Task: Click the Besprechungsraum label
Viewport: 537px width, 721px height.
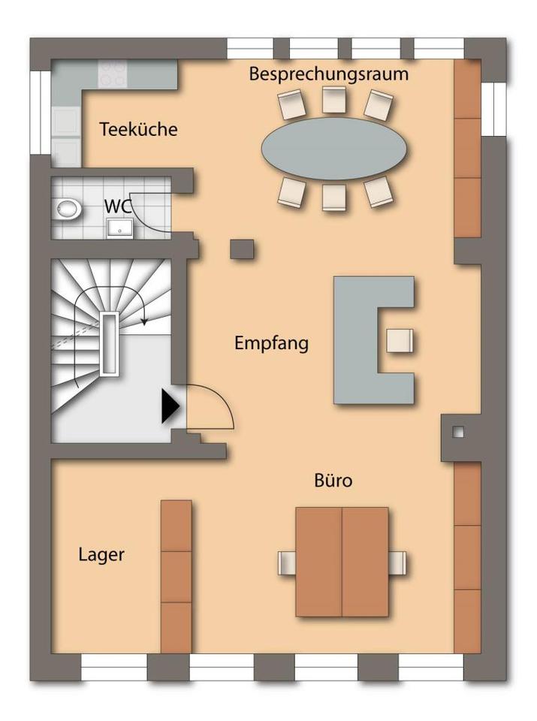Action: pyautogui.click(x=329, y=74)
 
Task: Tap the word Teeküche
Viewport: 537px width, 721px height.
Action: pyautogui.click(x=138, y=129)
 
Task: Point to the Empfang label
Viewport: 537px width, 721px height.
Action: pyautogui.click(x=271, y=343)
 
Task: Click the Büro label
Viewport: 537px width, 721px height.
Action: pyautogui.click(x=333, y=481)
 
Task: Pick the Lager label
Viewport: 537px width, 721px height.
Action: pyautogui.click(x=101, y=555)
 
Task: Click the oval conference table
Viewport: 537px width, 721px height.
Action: pyautogui.click(x=335, y=146)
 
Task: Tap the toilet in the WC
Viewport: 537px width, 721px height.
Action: pyautogui.click(x=68, y=208)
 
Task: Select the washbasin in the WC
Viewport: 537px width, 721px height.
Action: pyautogui.click(x=119, y=227)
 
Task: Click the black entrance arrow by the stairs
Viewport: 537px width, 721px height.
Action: pyautogui.click(x=170, y=407)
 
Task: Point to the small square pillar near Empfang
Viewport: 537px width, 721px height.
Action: pyautogui.click(x=242, y=249)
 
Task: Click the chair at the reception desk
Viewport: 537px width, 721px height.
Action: pyautogui.click(x=399, y=340)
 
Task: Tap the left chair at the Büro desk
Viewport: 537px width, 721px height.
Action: pyautogui.click(x=287, y=563)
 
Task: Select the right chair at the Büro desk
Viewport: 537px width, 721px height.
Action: pyautogui.click(x=397, y=563)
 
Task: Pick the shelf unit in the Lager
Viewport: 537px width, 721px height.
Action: pyautogui.click(x=176, y=576)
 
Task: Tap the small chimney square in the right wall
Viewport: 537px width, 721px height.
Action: pyautogui.click(x=458, y=432)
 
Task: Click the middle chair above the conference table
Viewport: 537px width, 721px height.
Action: pyautogui.click(x=334, y=100)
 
